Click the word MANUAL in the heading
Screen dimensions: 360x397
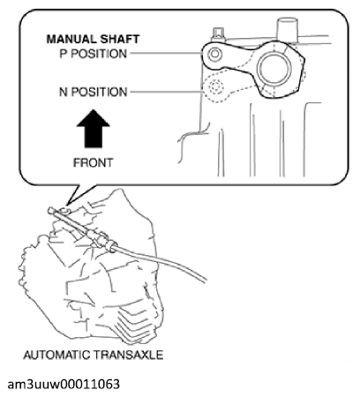71,39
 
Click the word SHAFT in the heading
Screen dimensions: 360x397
119,39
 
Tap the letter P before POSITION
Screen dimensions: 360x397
64,54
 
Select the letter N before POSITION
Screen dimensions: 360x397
64,92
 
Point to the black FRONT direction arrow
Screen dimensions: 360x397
93,129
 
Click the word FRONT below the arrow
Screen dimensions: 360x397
93,162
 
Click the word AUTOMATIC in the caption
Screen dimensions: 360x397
56,355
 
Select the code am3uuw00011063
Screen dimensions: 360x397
64,384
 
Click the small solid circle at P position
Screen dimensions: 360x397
214,54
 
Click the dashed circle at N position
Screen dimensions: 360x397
215,87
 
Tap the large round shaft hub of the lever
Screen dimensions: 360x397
273,68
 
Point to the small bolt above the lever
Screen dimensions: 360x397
218,34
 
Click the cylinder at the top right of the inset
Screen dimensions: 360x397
288,30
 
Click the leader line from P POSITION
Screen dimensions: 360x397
166,54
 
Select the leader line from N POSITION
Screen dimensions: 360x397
167,92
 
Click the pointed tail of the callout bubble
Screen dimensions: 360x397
68,205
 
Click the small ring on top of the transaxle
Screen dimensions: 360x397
64,211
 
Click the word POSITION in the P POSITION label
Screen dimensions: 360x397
99,54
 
